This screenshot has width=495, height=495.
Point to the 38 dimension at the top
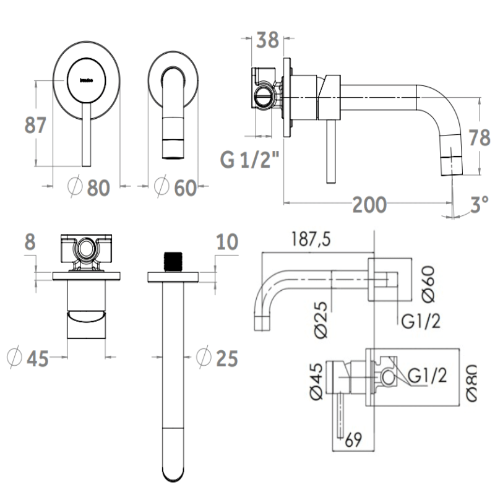tap(267, 40)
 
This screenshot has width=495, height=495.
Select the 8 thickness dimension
tap(29, 241)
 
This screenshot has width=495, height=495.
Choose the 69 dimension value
tap(353, 441)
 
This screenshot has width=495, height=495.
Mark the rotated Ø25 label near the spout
tap(322, 319)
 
